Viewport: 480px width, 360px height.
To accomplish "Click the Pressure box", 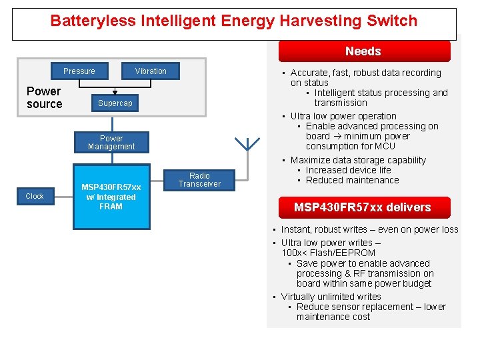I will pyautogui.click(x=79, y=71).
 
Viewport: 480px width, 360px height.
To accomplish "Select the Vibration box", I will pyautogui.click(x=151, y=71).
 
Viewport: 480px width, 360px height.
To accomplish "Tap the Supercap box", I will pyautogui.click(x=115, y=103).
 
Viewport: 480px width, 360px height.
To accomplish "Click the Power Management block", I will pyautogui.click(x=111, y=143).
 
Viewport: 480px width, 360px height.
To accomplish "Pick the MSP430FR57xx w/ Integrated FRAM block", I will pyautogui.click(x=111, y=197).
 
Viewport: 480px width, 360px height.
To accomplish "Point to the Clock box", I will pyautogui.click(x=35, y=196).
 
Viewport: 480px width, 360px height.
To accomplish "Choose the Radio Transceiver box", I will pyautogui.click(x=199, y=180).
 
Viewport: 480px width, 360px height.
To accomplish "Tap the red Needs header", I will pyautogui.click(x=363, y=51).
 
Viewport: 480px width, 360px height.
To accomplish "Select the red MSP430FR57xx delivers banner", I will pyautogui.click(x=363, y=207).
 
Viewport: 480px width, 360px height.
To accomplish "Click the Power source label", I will pyautogui.click(x=44, y=97).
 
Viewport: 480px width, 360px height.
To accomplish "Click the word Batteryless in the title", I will pyautogui.click(x=93, y=21).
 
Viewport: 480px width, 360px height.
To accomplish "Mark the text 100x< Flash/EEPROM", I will pyautogui.click(x=328, y=253).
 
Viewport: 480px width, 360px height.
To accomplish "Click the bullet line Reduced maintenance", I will pyautogui.click(x=352, y=180).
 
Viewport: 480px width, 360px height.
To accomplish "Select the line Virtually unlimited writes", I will pyautogui.click(x=331, y=297).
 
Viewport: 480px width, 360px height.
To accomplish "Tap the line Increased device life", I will pyautogui.click(x=348, y=170).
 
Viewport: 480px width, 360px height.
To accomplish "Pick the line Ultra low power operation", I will pyautogui.click(x=343, y=116).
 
